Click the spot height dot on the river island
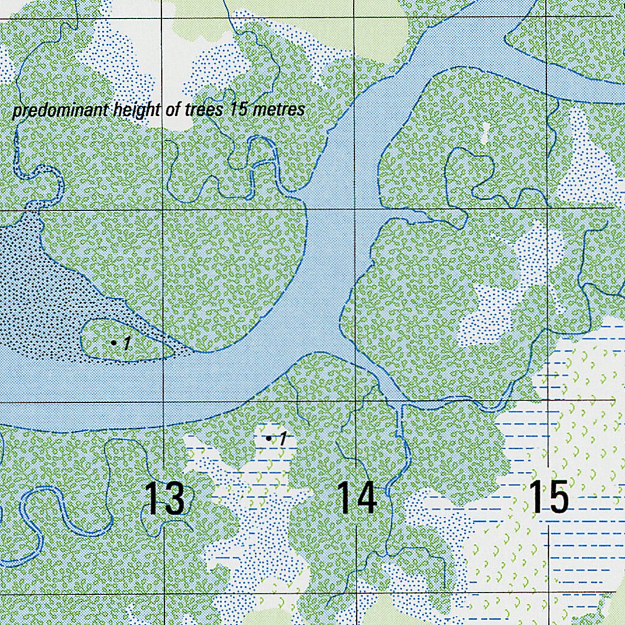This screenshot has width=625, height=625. [x=114, y=343]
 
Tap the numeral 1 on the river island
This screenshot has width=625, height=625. [x=126, y=344]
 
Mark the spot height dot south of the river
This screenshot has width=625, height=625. [x=269, y=438]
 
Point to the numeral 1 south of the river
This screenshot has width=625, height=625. [x=282, y=438]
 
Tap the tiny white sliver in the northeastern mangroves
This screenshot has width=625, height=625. [x=486, y=132]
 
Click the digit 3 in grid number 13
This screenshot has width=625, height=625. [x=174, y=498]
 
